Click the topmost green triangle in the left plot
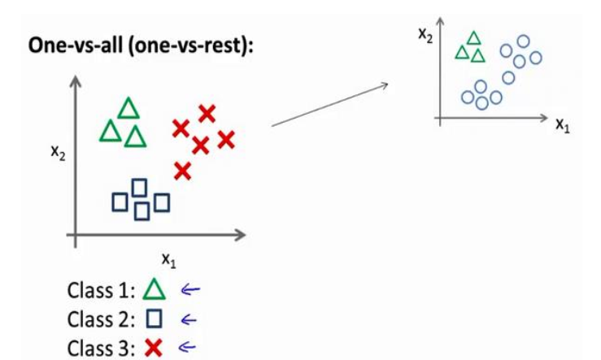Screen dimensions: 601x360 pyautogui.click(x=128, y=109)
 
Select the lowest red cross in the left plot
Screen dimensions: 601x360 pyautogui.click(x=182, y=171)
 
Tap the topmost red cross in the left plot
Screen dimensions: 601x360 pyautogui.click(x=207, y=114)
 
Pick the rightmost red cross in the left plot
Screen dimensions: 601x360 pyautogui.click(x=225, y=140)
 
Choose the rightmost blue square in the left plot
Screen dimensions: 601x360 pyautogui.click(x=162, y=202)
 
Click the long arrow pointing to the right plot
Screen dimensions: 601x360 pyautogui.click(x=329, y=104)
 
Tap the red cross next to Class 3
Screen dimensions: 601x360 pyautogui.click(x=153, y=347)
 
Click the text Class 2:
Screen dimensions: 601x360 pyautogui.click(x=103, y=318)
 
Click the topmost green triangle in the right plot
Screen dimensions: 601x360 pyautogui.click(x=474, y=38)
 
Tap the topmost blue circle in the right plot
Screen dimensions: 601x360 pyautogui.click(x=523, y=41)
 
